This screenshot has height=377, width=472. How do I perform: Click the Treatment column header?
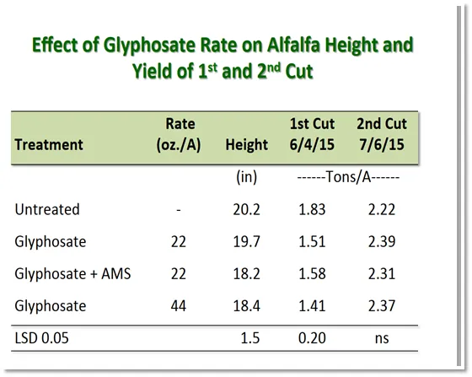tap(49, 144)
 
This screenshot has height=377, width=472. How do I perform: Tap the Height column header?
tap(246, 144)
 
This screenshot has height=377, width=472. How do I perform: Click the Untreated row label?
tap(47, 210)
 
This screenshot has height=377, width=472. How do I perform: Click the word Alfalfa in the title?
tap(291, 45)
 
